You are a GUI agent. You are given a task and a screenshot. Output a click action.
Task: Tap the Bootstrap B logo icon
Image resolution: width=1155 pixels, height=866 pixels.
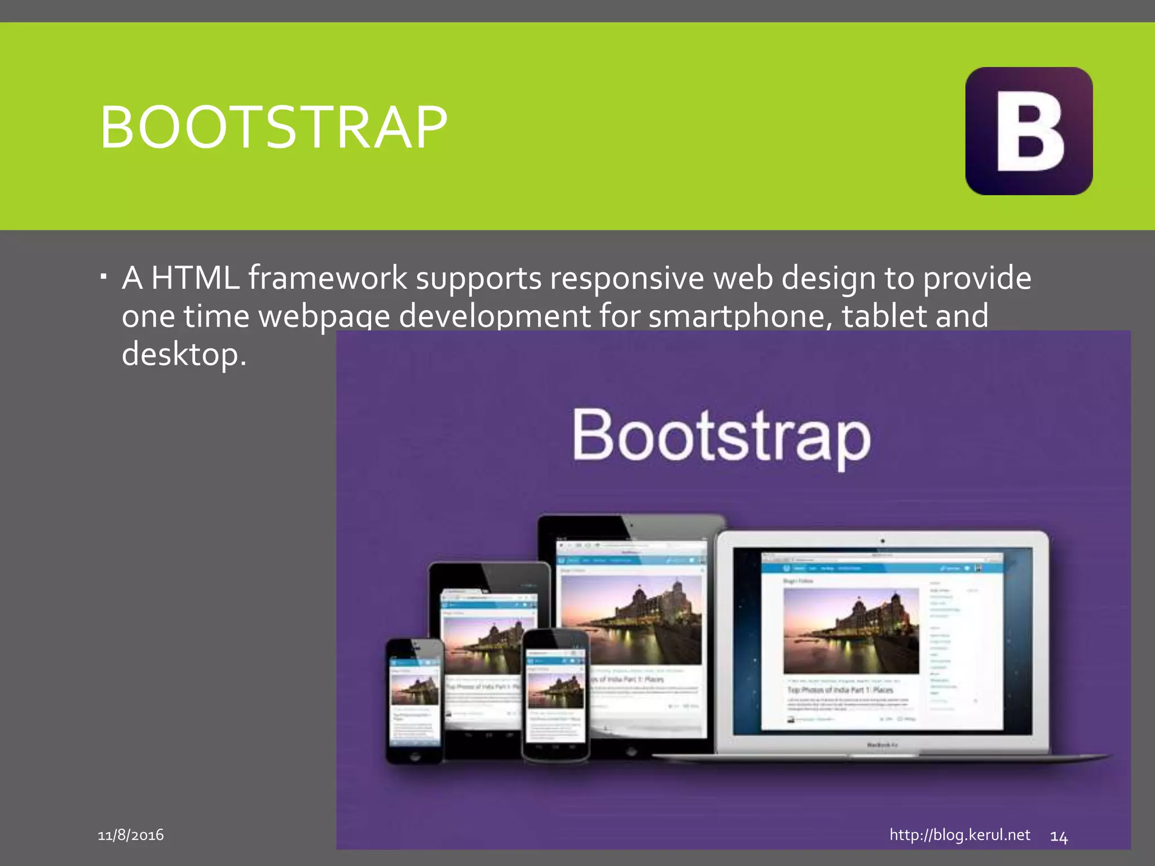tap(1029, 131)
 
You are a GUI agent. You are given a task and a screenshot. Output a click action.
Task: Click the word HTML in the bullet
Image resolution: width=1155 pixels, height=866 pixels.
tap(195, 278)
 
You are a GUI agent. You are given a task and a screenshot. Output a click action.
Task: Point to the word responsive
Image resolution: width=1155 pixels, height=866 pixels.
tap(627, 278)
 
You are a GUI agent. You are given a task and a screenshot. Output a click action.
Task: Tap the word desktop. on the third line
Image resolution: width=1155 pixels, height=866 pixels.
tap(184, 354)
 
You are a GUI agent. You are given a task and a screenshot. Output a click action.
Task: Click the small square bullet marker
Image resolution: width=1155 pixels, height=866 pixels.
tap(103, 277)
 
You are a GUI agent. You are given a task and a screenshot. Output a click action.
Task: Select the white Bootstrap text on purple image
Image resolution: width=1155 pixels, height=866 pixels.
tap(721, 437)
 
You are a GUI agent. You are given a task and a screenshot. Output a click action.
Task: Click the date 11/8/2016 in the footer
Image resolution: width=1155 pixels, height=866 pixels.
tap(131, 835)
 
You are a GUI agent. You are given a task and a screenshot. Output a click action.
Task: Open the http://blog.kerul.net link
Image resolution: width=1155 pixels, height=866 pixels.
tap(959, 835)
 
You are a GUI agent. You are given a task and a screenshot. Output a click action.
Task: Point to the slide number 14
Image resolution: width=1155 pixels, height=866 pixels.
tap(1059, 837)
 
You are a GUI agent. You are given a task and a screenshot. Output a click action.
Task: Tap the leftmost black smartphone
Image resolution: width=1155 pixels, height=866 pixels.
tap(415, 702)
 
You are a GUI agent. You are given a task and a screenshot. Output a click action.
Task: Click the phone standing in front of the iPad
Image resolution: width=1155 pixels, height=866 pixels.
tap(556, 696)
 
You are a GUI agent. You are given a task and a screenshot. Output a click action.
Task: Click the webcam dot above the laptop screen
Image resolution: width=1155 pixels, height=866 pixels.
tap(883, 541)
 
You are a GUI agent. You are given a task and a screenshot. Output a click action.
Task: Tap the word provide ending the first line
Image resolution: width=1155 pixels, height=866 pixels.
tap(977, 278)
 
